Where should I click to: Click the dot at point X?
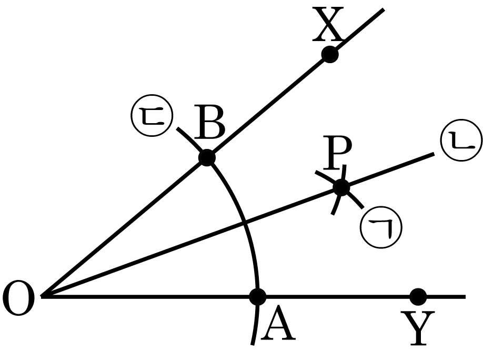coord(330,55)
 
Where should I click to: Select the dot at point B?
coord(207,158)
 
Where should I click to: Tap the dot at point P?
coord(341,187)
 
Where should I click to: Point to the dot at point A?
coord(257,297)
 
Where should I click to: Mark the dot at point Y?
coord(418,297)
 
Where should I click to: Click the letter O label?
coord(18,298)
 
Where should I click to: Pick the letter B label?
coord(210,122)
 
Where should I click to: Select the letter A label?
coord(278,323)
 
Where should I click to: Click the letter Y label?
coord(418,328)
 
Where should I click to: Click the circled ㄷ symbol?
coord(152,116)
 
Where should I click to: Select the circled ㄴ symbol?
coord(461,140)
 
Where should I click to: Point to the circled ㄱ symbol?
coord(381,227)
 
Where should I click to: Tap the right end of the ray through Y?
coord(465,297)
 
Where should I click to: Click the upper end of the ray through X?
coord(384,9)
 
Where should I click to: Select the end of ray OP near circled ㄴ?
coord(434,154)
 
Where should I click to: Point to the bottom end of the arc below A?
coord(252,345)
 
